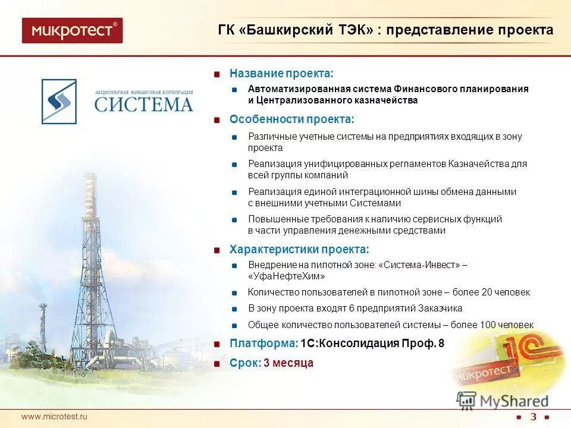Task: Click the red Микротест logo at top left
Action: coord(72,30)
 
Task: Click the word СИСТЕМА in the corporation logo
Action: coord(144,105)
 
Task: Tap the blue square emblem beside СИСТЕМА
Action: coord(59,102)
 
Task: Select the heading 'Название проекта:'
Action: coord(281,73)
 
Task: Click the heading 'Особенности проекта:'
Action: coord(291,119)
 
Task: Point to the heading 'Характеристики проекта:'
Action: coord(299,248)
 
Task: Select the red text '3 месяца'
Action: coord(288,363)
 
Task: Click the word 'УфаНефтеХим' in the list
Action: coord(285,276)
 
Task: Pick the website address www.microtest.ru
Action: coord(54,416)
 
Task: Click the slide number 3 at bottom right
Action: coord(533,416)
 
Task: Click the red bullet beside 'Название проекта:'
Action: coord(218,74)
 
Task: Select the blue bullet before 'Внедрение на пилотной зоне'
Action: coord(235,265)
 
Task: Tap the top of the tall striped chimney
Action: coord(91,178)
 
